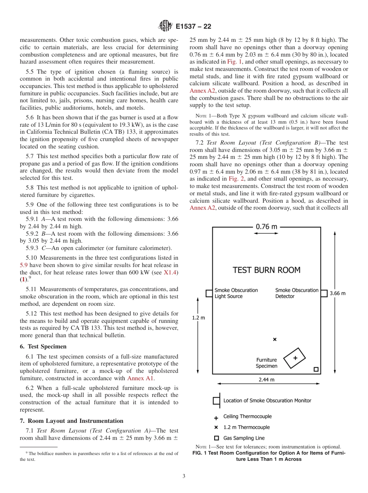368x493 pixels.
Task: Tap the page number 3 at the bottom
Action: tap(184, 476)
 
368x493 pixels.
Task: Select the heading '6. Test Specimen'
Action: tap(43, 346)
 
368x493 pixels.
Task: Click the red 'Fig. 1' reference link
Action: tap(235, 62)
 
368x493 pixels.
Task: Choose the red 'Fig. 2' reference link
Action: tap(236, 179)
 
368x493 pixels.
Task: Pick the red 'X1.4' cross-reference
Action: tap(171, 272)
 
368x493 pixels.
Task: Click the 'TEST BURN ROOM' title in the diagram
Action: tap(267, 270)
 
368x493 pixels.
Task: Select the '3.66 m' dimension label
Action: tap(337, 293)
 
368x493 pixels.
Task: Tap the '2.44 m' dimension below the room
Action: tap(267, 379)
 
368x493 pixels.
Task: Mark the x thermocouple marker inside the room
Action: tap(275, 340)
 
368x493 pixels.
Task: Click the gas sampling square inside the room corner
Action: tap(316, 369)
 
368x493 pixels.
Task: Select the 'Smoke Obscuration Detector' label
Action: tap(297, 293)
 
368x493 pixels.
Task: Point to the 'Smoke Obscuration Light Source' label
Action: tap(236, 293)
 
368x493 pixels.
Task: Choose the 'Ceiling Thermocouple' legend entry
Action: tap(247, 417)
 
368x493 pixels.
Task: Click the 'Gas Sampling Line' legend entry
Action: tap(244, 438)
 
